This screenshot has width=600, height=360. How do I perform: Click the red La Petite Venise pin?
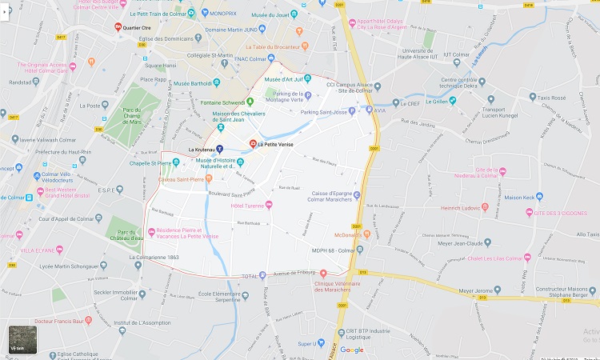coord(254,144)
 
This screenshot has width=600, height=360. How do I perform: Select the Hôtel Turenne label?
coord(246,206)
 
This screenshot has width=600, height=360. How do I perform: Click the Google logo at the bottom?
coord(351,350)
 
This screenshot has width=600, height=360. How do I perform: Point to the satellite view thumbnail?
coord(22,340)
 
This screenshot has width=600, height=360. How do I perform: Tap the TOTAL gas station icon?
coord(262,275)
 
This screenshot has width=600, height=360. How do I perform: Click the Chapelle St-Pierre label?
coord(149,163)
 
